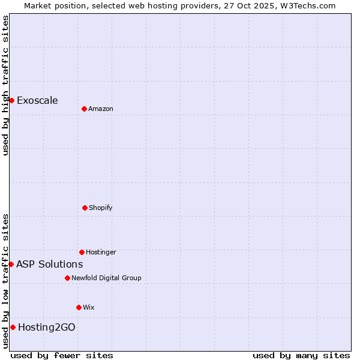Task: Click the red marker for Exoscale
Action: click(11, 100)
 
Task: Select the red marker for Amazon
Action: click(84, 109)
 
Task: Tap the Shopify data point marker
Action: click(85, 208)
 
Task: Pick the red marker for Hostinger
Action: click(82, 252)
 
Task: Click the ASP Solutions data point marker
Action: click(11, 264)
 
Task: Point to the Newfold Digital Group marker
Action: click(67, 278)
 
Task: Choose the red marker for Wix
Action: click(79, 307)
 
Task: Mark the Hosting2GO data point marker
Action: click(13, 327)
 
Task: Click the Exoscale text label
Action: click(37, 100)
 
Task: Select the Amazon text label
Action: click(101, 109)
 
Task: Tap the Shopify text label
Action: click(101, 208)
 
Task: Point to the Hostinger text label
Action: click(101, 252)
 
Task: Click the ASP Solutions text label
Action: click(49, 264)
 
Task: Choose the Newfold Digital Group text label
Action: click(106, 278)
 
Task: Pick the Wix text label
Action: click(89, 307)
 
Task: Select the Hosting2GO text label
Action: click(47, 327)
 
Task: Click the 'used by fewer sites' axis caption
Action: click(62, 355)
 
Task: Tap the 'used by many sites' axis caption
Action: click(301, 355)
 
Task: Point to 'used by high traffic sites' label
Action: click(5, 85)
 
